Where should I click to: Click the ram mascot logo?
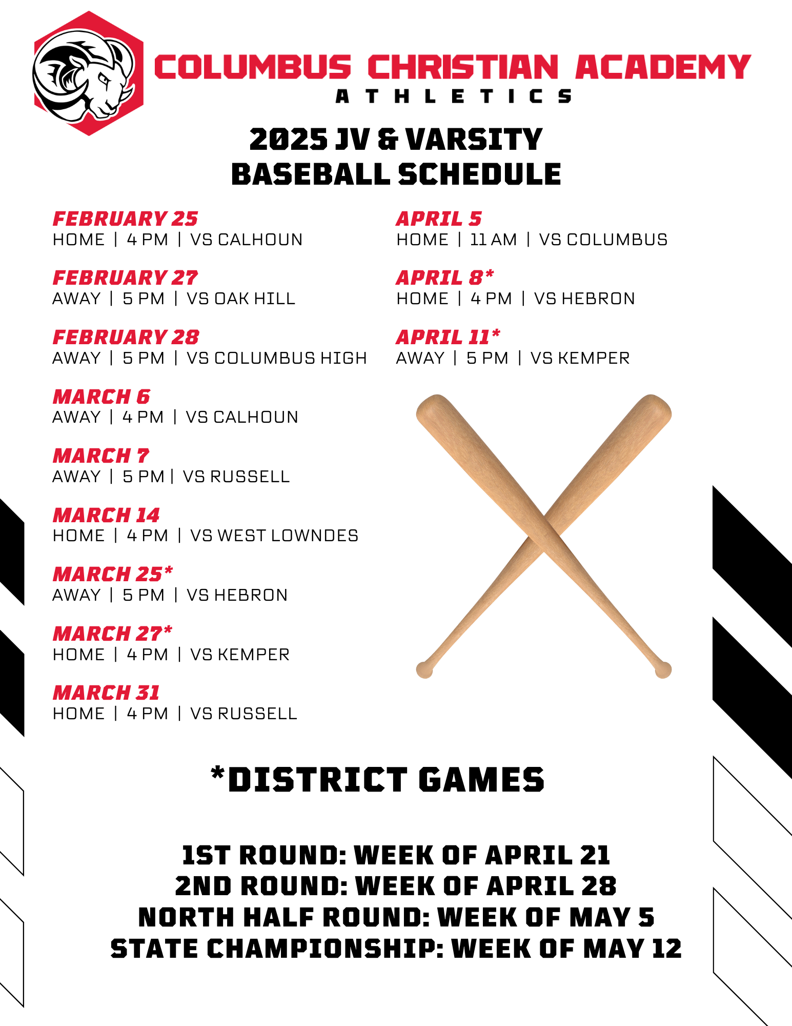(x=88, y=73)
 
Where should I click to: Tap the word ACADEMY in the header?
(x=663, y=67)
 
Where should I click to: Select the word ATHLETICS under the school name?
(x=453, y=96)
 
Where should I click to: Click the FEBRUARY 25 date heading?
(x=125, y=219)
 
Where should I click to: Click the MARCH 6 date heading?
(x=101, y=397)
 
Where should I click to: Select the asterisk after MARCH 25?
(x=169, y=570)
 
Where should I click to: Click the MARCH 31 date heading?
(x=107, y=693)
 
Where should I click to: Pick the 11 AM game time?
(x=493, y=240)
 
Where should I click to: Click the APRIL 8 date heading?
(x=445, y=278)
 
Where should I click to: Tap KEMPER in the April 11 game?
(x=594, y=358)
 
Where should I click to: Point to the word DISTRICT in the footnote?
(x=318, y=780)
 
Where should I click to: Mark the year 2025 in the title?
(x=289, y=140)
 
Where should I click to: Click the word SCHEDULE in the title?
(x=479, y=174)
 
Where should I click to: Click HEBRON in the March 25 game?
(x=251, y=595)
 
